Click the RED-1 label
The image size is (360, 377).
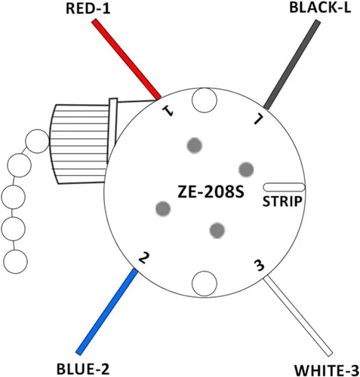(x=88, y=9)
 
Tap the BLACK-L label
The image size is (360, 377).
(x=320, y=8)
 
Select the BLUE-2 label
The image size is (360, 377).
(x=83, y=369)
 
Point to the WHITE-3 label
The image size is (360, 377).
(x=327, y=370)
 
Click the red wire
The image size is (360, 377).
(x=126, y=60)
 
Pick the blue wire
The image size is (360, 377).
(x=107, y=311)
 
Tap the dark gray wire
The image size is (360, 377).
(x=292, y=65)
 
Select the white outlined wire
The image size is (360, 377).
(x=298, y=316)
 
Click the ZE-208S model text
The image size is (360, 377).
(x=211, y=192)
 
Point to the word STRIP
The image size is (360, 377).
(x=282, y=201)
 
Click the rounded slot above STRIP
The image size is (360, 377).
(x=284, y=187)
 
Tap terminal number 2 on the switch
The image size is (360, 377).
(x=143, y=258)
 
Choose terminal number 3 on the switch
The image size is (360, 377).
(x=259, y=265)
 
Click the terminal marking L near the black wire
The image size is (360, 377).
(x=258, y=119)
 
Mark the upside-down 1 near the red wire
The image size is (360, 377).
(x=168, y=111)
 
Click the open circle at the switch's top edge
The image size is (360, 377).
(x=205, y=100)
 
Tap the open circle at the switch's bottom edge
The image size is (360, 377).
(x=205, y=284)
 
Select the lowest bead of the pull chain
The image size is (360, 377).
(x=15, y=262)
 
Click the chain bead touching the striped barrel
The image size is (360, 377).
(x=38, y=141)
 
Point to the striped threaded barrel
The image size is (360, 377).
(x=79, y=144)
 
